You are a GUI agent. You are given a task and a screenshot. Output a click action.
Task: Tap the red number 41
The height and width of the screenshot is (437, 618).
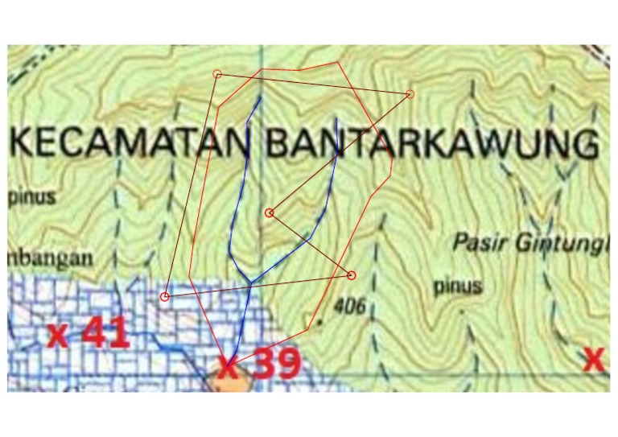[100, 332]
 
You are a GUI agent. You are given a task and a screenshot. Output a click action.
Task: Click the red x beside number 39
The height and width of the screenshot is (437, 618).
[229, 369]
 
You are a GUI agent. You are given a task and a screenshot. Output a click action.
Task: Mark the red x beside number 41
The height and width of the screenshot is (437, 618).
[58, 334]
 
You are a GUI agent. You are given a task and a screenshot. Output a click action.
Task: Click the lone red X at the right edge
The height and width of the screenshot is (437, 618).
[593, 360]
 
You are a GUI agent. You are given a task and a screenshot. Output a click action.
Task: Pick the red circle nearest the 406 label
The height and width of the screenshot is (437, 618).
[352, 276]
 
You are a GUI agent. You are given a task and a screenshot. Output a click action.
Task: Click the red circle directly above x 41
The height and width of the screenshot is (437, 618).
[165, 297]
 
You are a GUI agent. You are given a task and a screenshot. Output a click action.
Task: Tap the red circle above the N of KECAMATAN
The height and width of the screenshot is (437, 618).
[217, 74]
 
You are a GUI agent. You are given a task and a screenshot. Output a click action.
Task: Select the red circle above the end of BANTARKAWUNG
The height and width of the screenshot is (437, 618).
[410, 94]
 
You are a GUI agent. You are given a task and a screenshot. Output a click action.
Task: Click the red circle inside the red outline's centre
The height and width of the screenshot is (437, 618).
[270, 212]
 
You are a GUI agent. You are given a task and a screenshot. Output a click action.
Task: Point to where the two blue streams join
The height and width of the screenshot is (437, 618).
[251, 283]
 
